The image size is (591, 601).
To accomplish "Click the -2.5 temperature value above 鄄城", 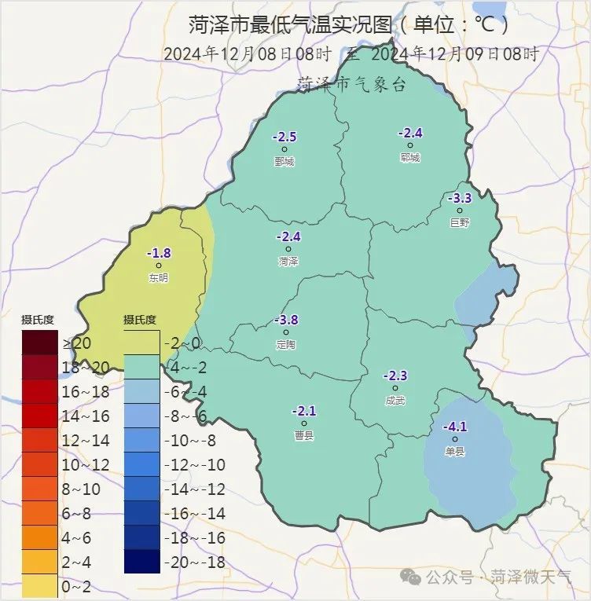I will [x=284, y=137].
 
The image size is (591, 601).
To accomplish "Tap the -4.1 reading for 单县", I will [x=455, y=427].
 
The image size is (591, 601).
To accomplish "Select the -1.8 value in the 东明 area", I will [x=159, y=253].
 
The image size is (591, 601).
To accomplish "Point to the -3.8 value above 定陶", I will [x=286, y=320].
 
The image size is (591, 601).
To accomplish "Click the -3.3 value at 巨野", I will [x=460, y=198].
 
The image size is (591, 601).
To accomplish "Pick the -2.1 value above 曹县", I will [x=303, y=410].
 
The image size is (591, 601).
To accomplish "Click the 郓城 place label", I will [x=410, y=158].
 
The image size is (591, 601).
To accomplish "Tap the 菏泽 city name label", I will [x=288, y=262].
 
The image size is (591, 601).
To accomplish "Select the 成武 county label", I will [x=395, y=401].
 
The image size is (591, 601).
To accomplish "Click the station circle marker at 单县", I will [x=455, y=439].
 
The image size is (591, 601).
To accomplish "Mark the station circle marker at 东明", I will [x=159, y=266].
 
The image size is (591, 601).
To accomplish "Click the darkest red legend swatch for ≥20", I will [x=39, y=343].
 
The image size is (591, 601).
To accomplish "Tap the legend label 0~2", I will [x=75, y=587].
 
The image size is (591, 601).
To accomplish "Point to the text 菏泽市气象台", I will [x=351, y=84].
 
